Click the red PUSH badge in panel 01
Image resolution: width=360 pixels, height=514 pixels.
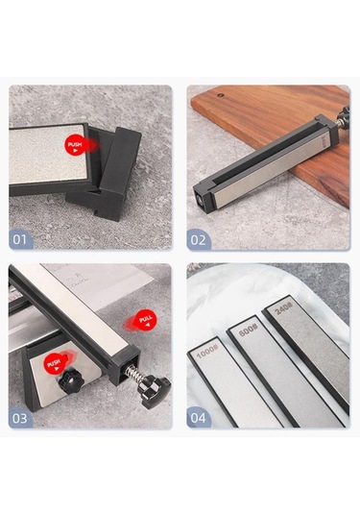(x=76, y=145)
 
